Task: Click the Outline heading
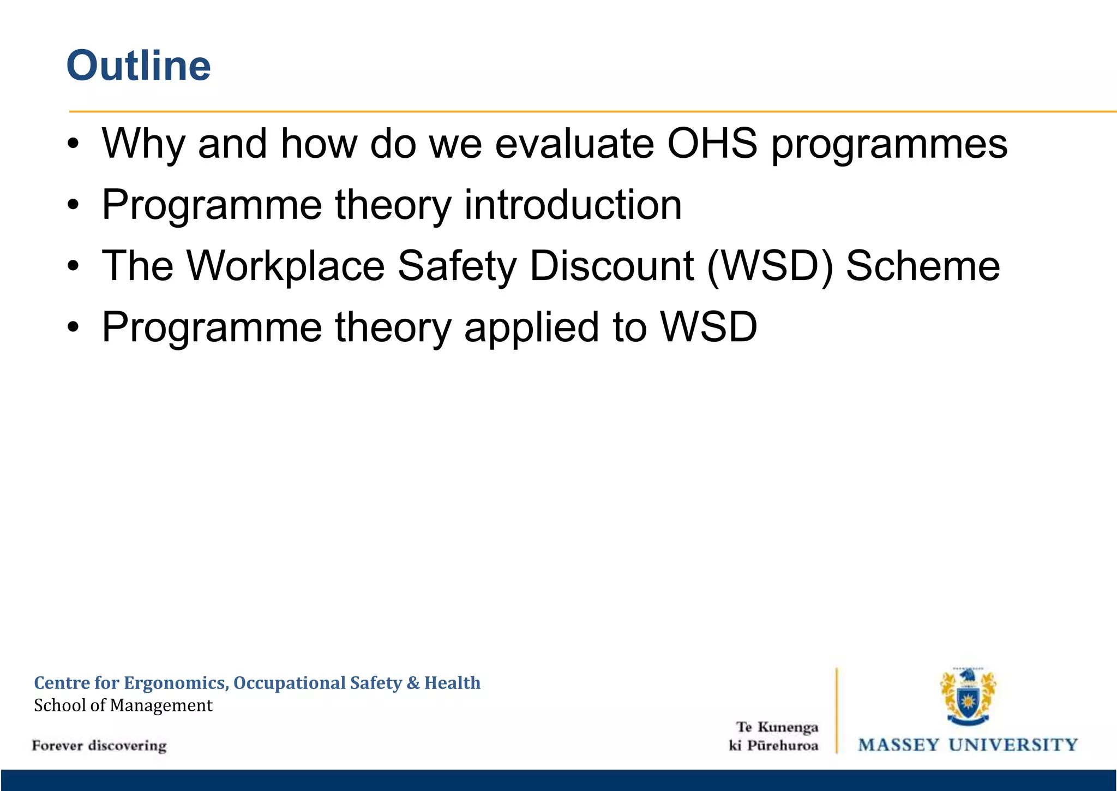139,66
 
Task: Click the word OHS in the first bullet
712,144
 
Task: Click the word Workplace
286,266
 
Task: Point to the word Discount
612,266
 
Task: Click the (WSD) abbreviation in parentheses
770,266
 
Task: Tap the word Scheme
923,266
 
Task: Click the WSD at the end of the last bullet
708,328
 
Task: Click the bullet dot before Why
74,145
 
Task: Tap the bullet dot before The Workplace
74,267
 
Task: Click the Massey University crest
968,697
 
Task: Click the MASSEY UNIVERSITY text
968,745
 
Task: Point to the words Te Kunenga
777,727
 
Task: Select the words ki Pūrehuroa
773,746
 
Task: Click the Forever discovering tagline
99,746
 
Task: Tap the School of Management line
123,705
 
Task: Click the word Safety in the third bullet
457,266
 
